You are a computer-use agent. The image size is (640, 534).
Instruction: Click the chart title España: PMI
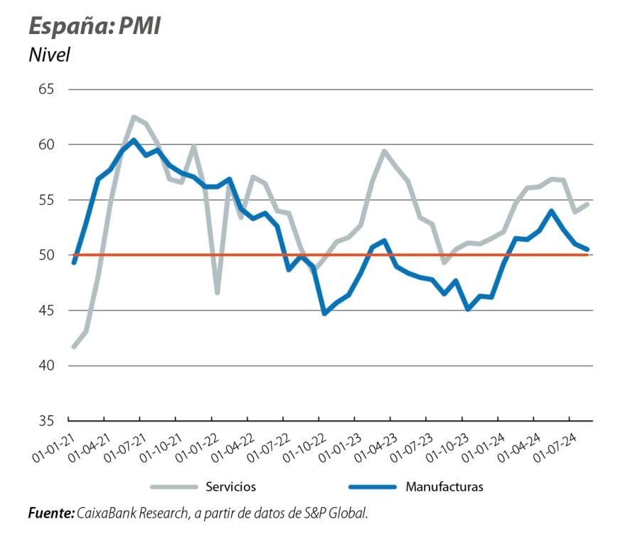tap(94, 26)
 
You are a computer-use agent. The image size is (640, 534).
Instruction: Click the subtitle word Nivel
tap(49, 55)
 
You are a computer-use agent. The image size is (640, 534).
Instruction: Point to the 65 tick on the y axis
tap(48, 90)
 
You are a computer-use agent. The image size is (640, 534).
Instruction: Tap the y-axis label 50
tap(48, 255)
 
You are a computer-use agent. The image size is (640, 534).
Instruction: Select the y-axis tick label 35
tap(48, 421)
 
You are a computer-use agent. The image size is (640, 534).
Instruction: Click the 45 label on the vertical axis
tap(48, 311)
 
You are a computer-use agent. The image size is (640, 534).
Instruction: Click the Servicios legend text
tap(230, 487)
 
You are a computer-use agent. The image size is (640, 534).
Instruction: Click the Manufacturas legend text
tap(444, 487)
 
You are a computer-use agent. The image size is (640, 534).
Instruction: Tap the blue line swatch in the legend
tap(371, 487)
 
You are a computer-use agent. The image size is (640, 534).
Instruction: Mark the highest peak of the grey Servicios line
tap(133, 117)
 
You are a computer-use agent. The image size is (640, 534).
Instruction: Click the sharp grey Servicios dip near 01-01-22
tap(217, 292)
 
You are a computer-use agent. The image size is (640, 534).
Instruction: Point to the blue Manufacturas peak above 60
tap(133, 140)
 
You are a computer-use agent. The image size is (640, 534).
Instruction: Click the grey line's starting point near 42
tap(74, 346)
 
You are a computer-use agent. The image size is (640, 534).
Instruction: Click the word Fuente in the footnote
tap(50, 512)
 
